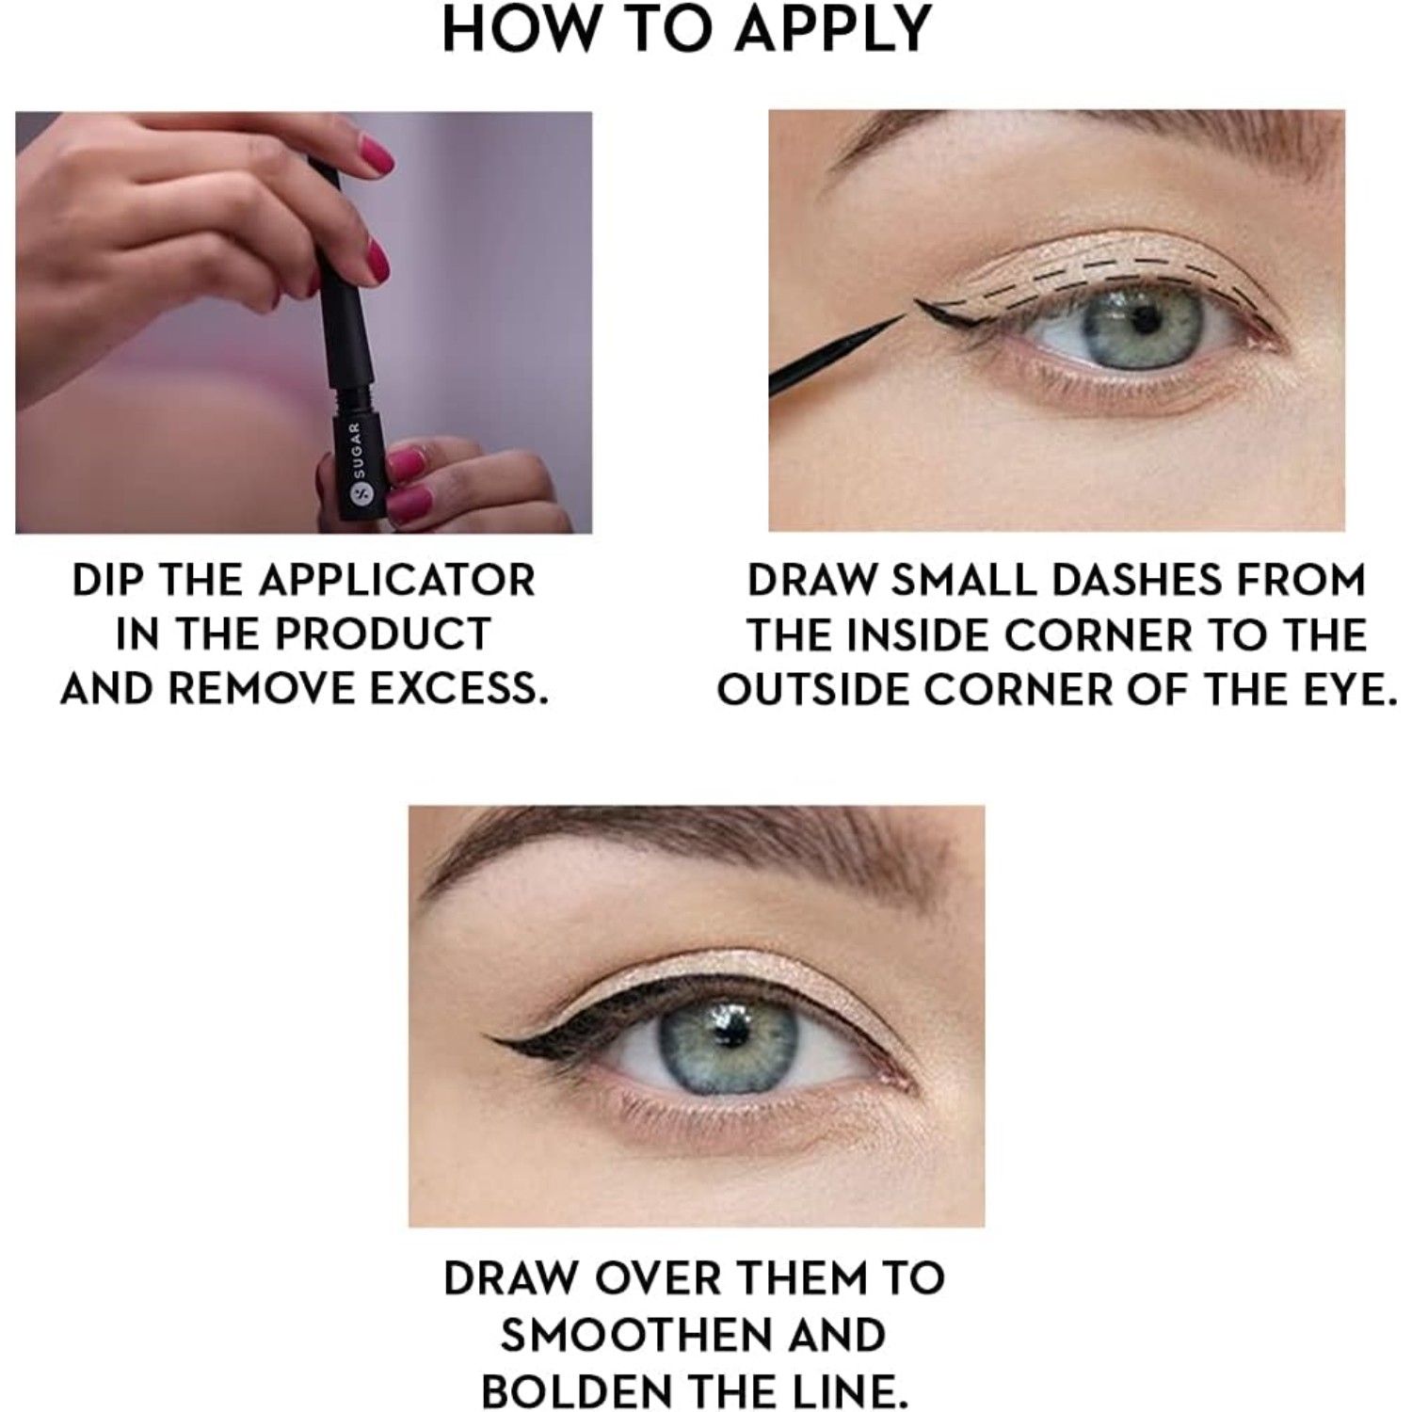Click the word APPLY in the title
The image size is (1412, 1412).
click(x=833, y=29)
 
